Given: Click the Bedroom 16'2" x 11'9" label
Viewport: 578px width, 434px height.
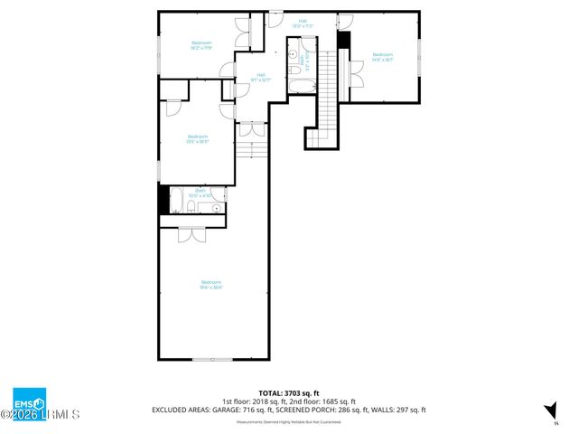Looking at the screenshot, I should pos(200,45).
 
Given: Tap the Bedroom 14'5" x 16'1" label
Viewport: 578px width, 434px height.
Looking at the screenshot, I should pos(384,57).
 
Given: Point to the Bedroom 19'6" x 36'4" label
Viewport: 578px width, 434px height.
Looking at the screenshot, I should pos(210,285).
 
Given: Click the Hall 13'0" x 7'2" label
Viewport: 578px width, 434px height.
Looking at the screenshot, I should pos(302,23).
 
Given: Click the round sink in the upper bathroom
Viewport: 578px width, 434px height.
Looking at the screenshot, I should pos(294,56).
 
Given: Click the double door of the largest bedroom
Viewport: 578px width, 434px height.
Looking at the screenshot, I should pos(191,234).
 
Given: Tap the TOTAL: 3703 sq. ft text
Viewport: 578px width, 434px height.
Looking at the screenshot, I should pos(289,393).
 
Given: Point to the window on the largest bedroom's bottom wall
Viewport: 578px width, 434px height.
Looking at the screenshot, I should pos(213,360).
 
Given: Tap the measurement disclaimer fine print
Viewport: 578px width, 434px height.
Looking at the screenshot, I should pos(289,421).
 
